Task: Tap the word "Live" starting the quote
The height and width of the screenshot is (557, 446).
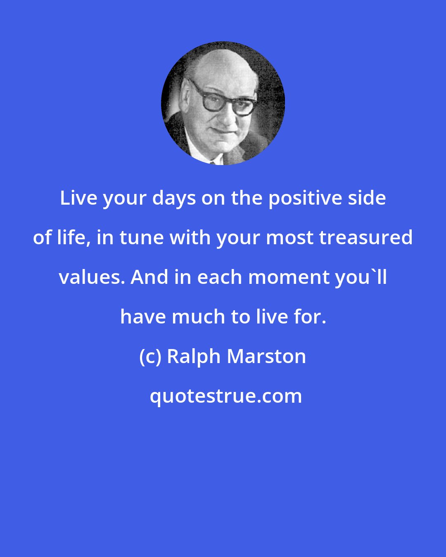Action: (78, 198)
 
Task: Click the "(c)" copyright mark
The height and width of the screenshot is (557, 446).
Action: (151, 357)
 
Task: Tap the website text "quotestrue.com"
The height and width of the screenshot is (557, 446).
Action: (225, 397)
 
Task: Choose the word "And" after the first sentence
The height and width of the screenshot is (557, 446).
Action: (150, 277)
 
